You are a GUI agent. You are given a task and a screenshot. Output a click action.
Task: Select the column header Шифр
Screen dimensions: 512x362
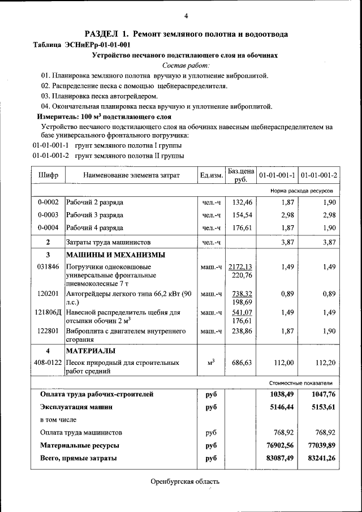[48, 175]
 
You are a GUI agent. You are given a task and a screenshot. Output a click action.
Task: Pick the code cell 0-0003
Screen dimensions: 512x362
[48, 215]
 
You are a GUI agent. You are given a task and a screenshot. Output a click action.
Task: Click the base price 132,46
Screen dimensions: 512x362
[242, 201]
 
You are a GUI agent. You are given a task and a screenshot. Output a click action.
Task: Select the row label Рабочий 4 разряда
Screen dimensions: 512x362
[94, 228]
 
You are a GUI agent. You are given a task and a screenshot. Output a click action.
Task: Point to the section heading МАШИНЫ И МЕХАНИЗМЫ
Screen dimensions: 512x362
[116, 255]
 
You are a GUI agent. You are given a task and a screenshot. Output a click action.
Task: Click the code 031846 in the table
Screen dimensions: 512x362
[48, 266]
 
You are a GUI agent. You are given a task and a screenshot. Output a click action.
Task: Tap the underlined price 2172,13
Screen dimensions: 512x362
[241, 266]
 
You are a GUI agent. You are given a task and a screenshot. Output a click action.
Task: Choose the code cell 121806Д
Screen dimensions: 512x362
[48, 312]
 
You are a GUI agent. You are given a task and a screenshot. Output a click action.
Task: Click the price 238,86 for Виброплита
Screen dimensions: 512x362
[242, 331]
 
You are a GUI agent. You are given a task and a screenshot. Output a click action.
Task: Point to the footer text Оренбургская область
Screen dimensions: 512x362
[185, 482]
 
